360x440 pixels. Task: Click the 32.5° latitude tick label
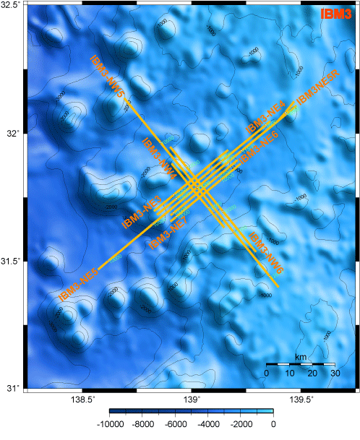click(12, 6)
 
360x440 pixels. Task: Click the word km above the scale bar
click(300, 357)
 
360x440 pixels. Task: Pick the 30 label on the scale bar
click(335, 373)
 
